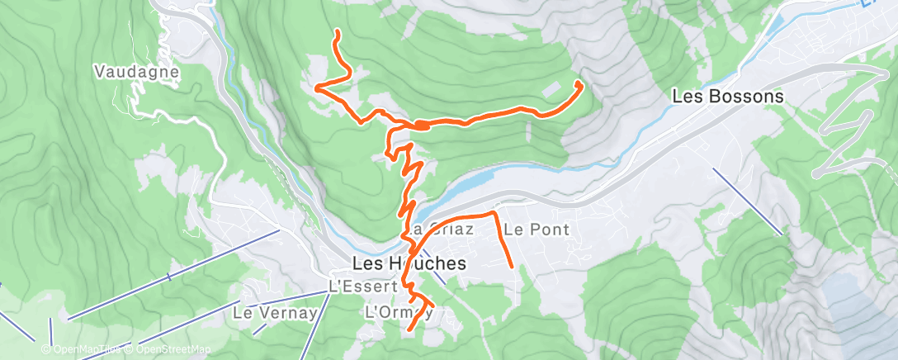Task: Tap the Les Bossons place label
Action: point(727,96)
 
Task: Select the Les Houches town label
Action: point(409,263)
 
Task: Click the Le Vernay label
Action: point(263,313)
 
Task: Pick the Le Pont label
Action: point(536,229)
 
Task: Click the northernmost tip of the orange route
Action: point(337,31)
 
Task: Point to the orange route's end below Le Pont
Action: point(513,266)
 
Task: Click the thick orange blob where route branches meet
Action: point(420,125)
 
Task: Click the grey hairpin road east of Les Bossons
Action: point(842,132)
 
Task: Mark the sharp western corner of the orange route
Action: point(316,86)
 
